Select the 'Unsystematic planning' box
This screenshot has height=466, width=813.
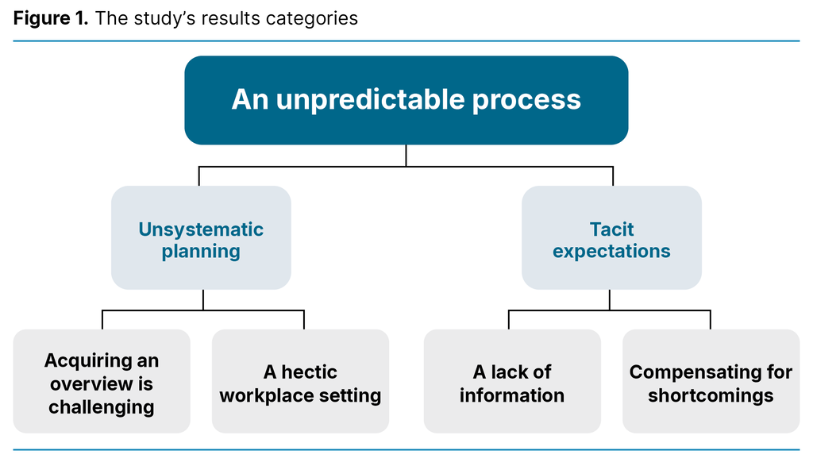click(201, 238)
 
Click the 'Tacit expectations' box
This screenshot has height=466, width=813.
click(611, 238)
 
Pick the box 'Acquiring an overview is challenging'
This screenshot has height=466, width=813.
click(102, 382)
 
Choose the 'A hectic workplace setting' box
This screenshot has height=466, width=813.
click(300, 382)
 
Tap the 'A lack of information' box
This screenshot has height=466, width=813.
click(512, 382)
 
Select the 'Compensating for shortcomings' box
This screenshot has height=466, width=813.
click(711, 382)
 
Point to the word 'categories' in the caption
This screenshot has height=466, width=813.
click(318, 18)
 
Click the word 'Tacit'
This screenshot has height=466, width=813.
click(611, 229)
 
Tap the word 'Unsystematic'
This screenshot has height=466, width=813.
click(201, 229)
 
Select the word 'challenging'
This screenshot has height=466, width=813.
click(102, 407)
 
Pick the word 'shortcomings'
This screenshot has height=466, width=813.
click(711, 395)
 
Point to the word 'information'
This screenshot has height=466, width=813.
click(512, 395)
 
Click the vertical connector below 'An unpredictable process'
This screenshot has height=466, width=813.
click(406, 156)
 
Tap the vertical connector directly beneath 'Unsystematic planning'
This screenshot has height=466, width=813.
click(203, 299)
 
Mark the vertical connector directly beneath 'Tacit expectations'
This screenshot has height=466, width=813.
click(610, 299)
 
